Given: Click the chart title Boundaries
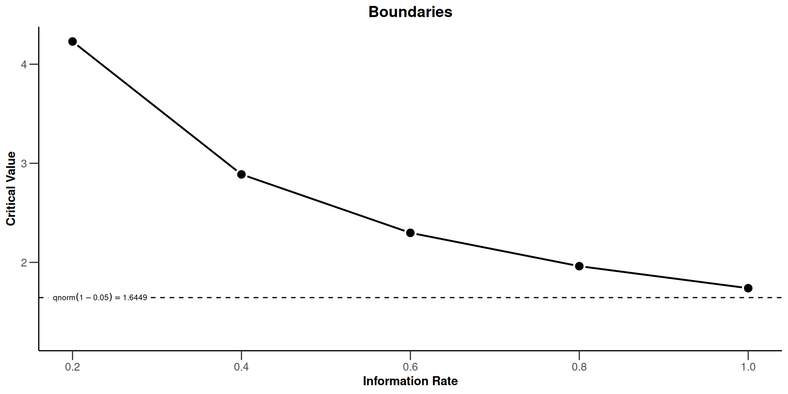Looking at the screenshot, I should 410,12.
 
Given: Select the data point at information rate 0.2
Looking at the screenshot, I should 73,41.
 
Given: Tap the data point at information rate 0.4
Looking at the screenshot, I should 241,174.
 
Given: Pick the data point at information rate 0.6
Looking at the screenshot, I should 410,233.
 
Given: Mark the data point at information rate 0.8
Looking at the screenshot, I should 579,266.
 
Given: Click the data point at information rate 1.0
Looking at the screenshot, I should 748,288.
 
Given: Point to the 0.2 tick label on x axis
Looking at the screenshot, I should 73,367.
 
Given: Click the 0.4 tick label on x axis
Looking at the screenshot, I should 241,367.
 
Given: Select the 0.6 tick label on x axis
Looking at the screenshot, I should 410,367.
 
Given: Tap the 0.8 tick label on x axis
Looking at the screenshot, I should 579,367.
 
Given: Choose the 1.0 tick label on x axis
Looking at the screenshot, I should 748,367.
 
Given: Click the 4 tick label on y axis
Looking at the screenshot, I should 24,64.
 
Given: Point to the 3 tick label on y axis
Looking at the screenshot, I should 24,163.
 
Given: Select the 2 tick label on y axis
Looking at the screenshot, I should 24,263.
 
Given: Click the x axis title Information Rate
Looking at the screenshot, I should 410,381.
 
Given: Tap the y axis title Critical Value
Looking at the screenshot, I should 11,188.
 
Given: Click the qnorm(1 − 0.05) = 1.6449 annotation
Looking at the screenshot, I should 100,298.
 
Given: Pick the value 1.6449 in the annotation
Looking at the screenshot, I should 135,298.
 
